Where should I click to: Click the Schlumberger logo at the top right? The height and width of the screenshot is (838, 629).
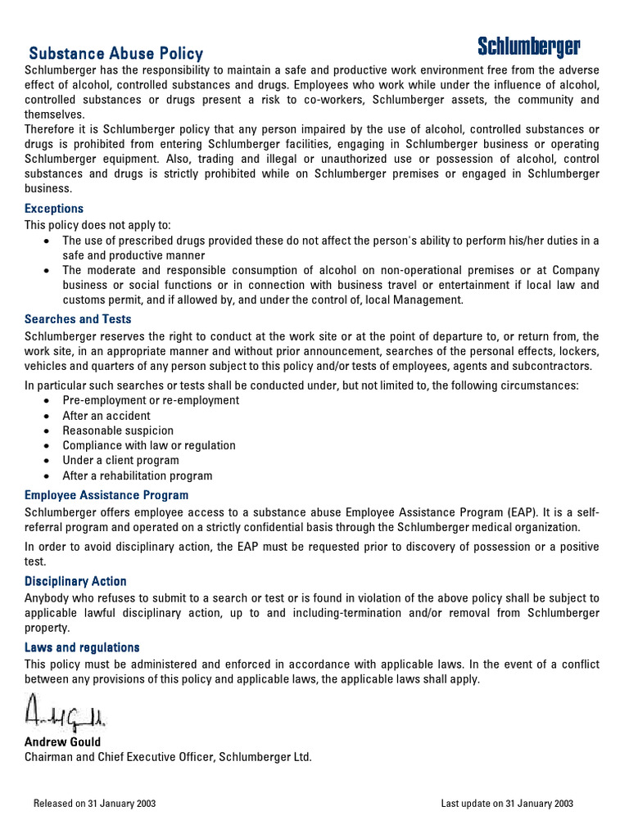[529, 47]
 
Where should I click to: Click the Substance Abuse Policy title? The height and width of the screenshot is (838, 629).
[116, 54]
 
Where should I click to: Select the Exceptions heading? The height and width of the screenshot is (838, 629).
[54, 209]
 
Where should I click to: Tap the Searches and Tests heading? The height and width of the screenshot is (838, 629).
[78, 319]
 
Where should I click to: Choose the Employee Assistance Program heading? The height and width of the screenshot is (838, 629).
[106, 495]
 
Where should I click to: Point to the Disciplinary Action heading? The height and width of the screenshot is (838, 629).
[75, 581]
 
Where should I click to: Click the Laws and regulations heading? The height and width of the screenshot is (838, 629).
[82, 647]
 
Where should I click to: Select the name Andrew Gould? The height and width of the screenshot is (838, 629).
[63, 742]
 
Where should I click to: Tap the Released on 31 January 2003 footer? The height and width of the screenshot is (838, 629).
[94, 804]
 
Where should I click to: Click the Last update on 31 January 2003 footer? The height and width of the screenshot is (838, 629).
[507, 804]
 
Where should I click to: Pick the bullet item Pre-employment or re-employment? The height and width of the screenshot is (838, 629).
[151, 400]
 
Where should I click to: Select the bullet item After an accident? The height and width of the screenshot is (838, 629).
[106, 416]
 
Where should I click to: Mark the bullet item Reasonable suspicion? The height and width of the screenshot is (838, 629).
[118, 430]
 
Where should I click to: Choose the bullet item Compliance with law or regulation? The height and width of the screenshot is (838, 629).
[149, 445]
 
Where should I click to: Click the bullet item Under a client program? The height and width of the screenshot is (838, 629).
[120, 460]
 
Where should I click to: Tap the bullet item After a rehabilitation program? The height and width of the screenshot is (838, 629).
[138, 475]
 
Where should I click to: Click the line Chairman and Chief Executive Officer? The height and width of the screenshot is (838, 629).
[168, 757]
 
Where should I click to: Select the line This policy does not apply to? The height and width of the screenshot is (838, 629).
[98, 225]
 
